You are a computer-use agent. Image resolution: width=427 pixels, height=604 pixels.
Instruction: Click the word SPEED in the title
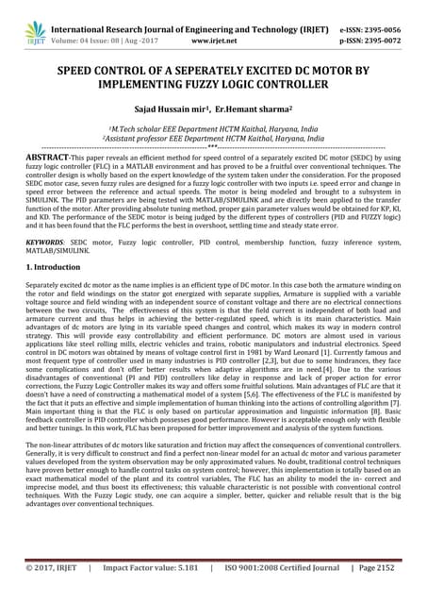pos(78,71)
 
